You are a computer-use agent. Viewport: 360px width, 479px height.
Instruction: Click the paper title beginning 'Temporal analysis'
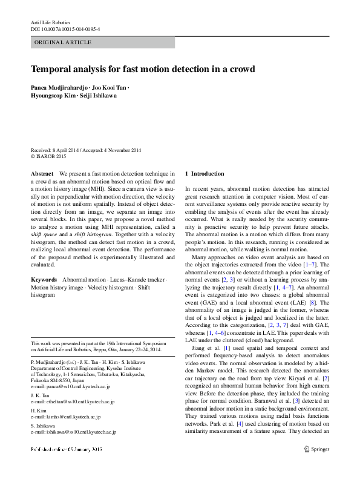[x=143, y=69]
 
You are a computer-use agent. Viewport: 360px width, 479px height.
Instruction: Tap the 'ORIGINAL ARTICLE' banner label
[x=64, y=42]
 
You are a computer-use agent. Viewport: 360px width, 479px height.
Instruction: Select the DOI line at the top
[x=65, y=28]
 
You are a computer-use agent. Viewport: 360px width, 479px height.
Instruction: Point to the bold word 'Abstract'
[x=42, y=174]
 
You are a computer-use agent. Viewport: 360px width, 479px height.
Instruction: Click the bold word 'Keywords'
[x=44, y=280]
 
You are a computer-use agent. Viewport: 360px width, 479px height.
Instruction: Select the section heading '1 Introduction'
[x=204, y=174]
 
